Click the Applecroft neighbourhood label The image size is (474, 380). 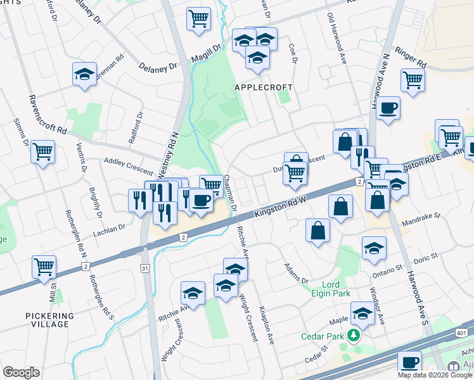pos(264,87)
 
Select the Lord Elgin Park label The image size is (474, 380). pos(336,289)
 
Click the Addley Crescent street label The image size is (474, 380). pos(129,167)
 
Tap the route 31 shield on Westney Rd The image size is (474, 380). pos(145,269)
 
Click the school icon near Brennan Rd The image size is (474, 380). pos(84,74)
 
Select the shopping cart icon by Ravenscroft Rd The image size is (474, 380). pos(42,152)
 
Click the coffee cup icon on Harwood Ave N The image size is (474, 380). pos(388,107)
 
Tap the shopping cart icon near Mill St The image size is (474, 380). pos(44,267)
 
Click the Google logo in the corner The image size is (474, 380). pos(21,372)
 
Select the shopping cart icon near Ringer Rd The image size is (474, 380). pos(413,80)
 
